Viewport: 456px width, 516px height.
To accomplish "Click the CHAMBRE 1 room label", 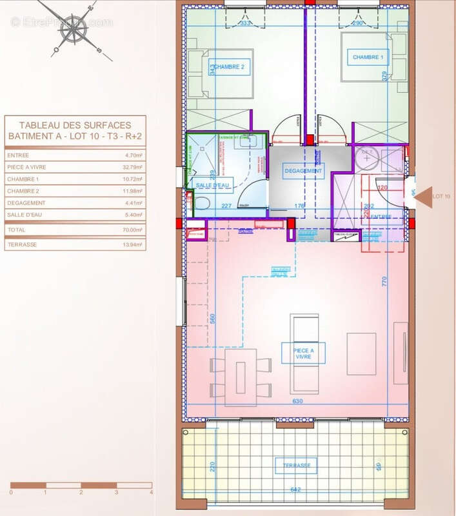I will (x=368, y=57).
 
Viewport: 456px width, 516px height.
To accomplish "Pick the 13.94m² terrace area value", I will (x=133, y=245).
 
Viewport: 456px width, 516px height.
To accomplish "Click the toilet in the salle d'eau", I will (x=201, y=204).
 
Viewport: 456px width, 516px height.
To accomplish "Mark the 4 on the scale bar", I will (x=150, y=492).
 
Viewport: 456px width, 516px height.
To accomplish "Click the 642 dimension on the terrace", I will (x=296, y=490).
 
